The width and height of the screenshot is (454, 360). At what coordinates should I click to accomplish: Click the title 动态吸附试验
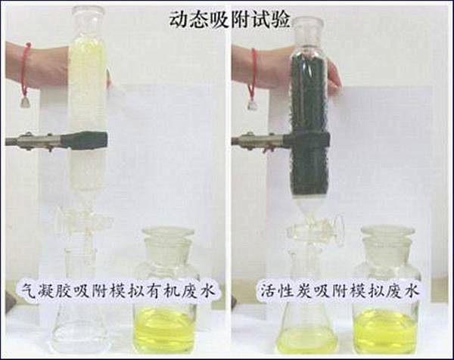[x=229, y=20]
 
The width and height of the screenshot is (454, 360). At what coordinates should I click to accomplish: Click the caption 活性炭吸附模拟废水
[x=339, y=290]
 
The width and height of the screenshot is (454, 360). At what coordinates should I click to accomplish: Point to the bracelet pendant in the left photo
[x=25, y=102]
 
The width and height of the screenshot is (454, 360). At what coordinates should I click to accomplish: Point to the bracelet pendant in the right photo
[x=252, y=105]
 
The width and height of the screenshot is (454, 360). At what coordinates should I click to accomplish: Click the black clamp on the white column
[x=84, y=141]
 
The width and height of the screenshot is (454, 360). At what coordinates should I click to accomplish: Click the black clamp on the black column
[x=307, y=139]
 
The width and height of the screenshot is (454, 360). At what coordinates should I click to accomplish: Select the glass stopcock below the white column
[x=84, y=220]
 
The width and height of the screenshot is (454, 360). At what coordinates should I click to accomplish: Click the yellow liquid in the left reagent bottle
[x=164, y=330]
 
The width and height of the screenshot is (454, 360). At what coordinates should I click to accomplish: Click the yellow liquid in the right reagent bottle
[x=385, y=330]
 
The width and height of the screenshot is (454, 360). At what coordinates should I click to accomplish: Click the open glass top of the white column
[x=88, y=14]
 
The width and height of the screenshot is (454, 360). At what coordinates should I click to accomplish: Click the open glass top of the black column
[x=309, y=27]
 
